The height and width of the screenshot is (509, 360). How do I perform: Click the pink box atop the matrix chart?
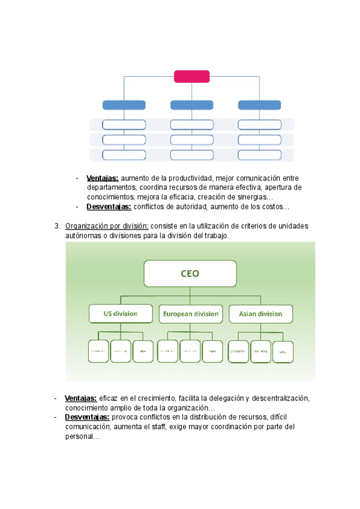click(x=191, y=76)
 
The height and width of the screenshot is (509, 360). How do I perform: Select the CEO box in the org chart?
click(x=190, y=274)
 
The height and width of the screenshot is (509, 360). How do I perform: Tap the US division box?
click(x=121, y=313)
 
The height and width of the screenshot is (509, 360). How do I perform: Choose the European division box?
click(x=190, y=313)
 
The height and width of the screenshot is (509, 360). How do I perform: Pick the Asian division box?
click(x=260, y=313)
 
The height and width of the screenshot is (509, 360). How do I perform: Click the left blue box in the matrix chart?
click(x=124, y=105)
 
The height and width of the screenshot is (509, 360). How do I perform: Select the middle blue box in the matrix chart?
click(x=191, y=105)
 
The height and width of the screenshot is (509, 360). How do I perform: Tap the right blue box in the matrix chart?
click(x=259, y=105)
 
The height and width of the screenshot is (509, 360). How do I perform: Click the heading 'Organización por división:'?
click(x=107, y=226)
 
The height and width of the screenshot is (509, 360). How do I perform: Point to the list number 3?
click(x=56, y=226)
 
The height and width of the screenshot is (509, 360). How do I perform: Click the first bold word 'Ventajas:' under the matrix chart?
click(x=103, y=178)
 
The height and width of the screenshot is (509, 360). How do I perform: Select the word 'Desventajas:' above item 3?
click(x=109, y=207)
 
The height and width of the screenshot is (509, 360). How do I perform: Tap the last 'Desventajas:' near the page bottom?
click(x=87, y=417)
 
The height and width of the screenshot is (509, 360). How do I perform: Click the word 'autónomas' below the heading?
click(x=85, y=236)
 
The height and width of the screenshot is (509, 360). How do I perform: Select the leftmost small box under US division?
click(x=98, y=351)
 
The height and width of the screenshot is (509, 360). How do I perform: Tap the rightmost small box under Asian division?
click(x=283, y=351)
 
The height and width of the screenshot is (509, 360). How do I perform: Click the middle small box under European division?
click(x=190, y=351)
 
